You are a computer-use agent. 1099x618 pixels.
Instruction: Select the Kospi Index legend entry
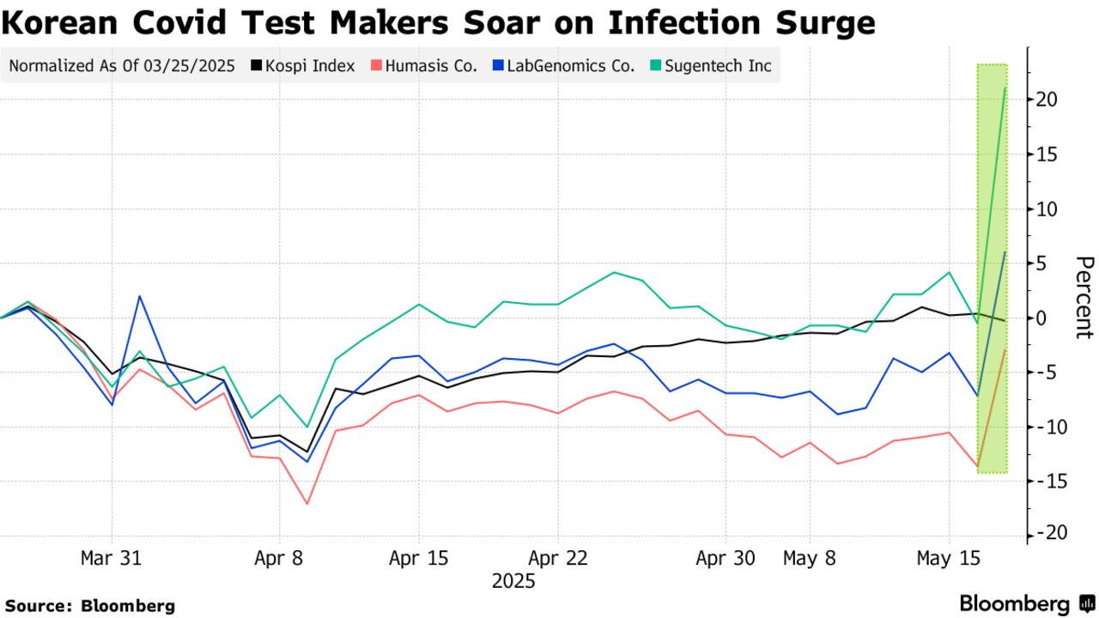(x=303, y=65)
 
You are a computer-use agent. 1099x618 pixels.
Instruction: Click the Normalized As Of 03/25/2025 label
(x=122, y=65)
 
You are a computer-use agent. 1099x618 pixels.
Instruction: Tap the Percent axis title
(x=1084, y=297)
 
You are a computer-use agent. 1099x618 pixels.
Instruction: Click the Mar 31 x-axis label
(x=112, y=558)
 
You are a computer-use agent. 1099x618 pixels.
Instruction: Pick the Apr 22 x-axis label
(x=558, y=558)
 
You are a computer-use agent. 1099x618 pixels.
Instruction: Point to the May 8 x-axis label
(x=809, y=558)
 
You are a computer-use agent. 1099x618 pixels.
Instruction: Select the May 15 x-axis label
(x=948, y=558)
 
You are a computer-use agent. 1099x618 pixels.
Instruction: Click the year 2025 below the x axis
(x=513, y=582)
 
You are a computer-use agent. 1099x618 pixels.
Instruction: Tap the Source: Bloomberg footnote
(x=89, y=605)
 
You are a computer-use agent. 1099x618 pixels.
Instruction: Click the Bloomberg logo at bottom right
(x=1025, y=603)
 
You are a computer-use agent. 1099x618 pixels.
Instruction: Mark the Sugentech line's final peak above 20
(x=1005, y=88)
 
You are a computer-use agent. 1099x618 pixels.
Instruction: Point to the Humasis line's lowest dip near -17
(x=307, y=503)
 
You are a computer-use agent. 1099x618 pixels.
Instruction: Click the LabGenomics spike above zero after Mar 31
(x=139, y=296)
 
